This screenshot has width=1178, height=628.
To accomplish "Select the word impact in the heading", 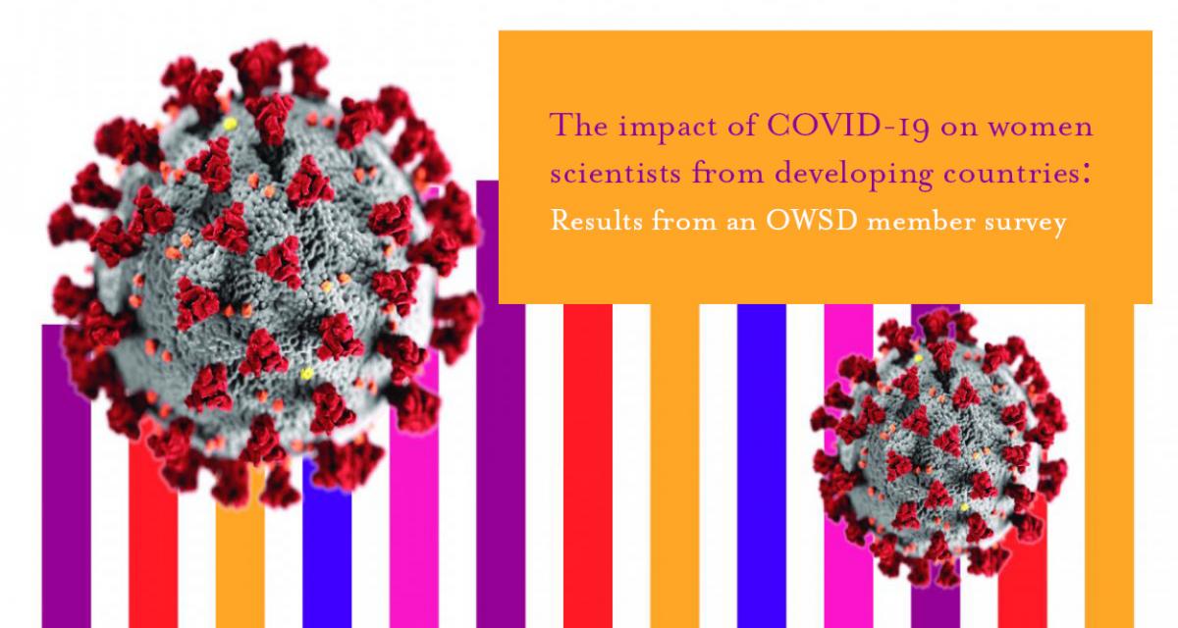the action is click(x=665, y=129).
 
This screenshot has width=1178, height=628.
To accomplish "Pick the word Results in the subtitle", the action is click(x=597, y=220).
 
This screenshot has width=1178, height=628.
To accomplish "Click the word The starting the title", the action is click(x=579, y=126).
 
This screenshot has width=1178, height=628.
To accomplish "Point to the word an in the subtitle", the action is click(x=741, y=225).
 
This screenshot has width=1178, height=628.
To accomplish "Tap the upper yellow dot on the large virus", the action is click(x=230, y=124).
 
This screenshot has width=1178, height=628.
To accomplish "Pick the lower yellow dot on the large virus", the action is click(x=306, y=374).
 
